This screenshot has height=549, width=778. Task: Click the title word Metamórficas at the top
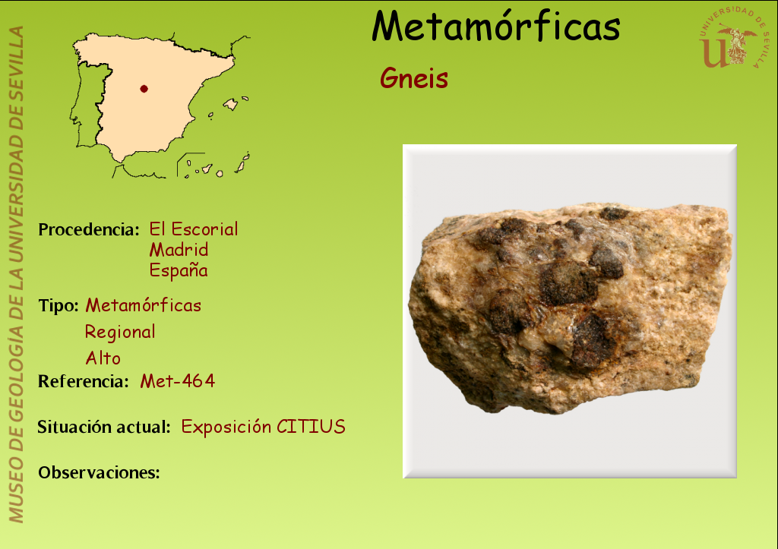point(495,26)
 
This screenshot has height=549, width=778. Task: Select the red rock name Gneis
point(414,78)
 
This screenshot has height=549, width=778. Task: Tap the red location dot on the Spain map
point(144,89)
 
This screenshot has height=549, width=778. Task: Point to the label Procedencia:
point(89,229)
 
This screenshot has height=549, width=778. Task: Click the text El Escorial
point(194,229)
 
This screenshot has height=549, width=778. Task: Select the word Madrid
point(179,250)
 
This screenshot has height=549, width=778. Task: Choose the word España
point(179,270)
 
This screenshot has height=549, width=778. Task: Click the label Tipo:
point(59,305)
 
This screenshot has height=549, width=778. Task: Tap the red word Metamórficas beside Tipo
point(144,305)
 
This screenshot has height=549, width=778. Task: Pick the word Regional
point(120,333)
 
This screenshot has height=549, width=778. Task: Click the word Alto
point(103,358)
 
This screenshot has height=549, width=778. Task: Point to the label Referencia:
point(84,381)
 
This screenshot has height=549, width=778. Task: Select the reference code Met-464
point(178,381)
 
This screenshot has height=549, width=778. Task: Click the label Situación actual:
point(104,427)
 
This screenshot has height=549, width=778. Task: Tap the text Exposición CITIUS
point(264,427)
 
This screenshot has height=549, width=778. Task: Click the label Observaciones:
point(100,472)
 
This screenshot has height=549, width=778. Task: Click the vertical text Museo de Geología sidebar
point(16,274)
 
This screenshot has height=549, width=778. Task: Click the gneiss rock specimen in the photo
point(571,308)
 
